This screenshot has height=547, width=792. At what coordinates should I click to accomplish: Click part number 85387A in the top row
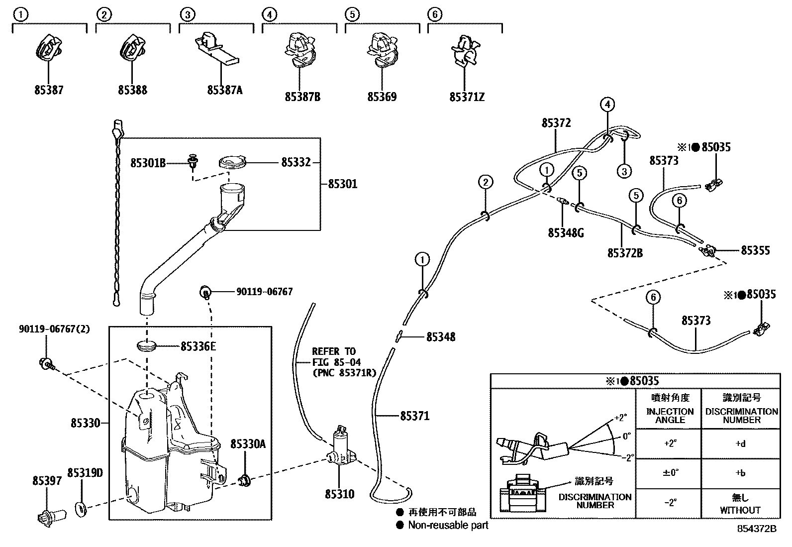click(x=225, y=90)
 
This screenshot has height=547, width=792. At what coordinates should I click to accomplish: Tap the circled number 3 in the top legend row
click(x=187, y=14)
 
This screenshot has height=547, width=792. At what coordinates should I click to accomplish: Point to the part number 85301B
click(x=148, y=163)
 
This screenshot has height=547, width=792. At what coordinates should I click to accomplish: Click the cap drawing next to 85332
click(x=233, y=162)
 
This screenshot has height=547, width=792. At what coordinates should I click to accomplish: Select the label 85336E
click(x=198, y=346)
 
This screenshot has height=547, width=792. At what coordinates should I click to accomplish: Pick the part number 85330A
click(x=248, y=443)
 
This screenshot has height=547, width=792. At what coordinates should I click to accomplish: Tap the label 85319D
click(x=85, y=472)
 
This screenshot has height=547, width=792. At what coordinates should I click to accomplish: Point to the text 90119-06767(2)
click(x=55, y=329)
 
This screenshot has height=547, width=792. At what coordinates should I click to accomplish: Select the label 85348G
click(x=566, y=232)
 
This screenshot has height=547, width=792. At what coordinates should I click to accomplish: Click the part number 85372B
click(x=625, y=253)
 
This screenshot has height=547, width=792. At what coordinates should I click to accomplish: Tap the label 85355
click(x=755, y=250)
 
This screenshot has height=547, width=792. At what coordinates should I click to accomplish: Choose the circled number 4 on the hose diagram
click(x=607, y=105)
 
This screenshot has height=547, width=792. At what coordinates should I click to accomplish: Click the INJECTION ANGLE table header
click(x=670, y=415)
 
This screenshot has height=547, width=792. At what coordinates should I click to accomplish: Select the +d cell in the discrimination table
click(x=740, y=444)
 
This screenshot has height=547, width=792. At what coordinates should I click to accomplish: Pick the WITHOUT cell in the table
click(x=740, y=510)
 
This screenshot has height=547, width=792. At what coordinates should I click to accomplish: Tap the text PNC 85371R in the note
click(x=344, y=372)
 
